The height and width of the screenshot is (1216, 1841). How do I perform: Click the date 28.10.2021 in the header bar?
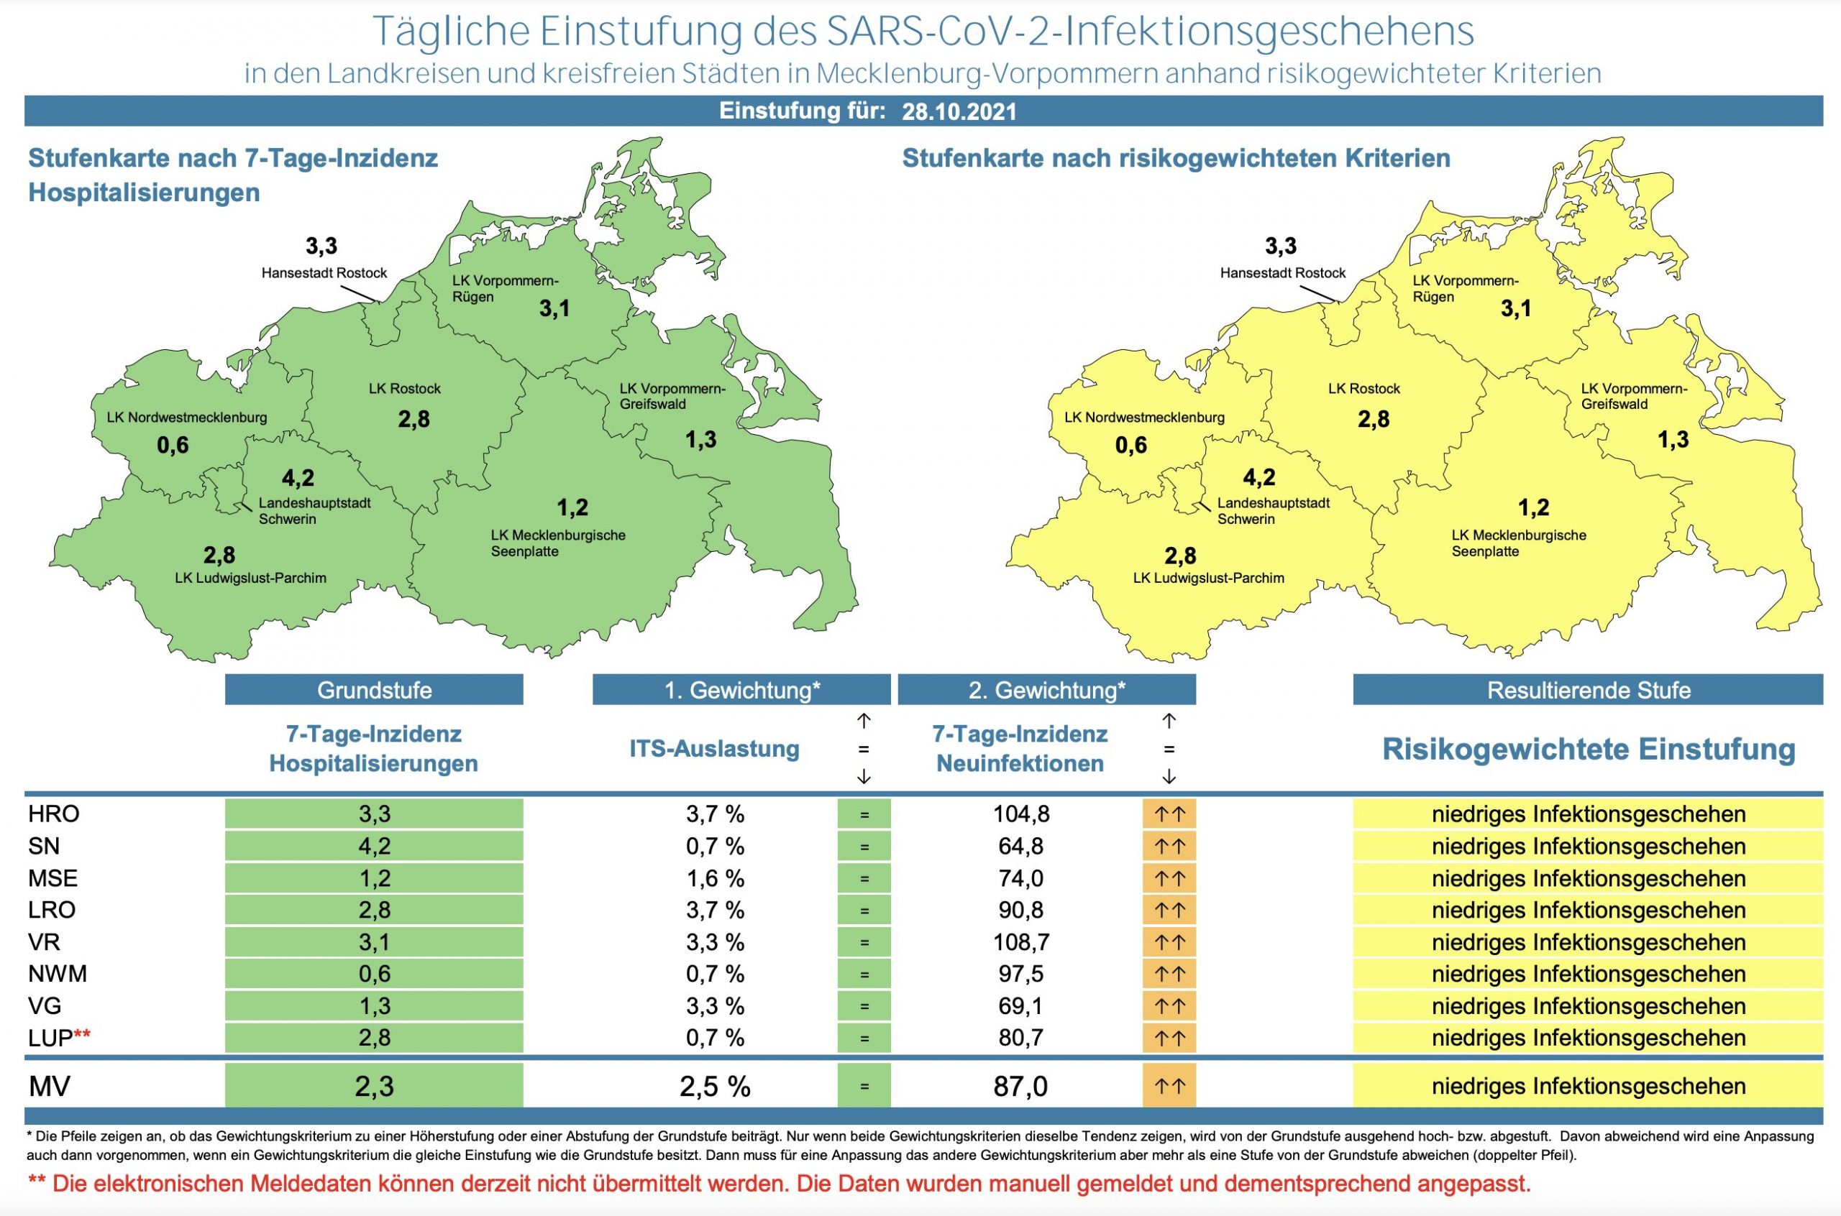coord(959,111)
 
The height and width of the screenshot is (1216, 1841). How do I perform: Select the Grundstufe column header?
coord(374,689)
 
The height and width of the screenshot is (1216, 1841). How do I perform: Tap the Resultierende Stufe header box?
coord(1588,689)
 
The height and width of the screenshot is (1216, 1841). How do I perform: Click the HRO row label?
coord(53,814)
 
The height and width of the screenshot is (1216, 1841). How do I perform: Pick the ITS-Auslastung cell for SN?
coord(715,846)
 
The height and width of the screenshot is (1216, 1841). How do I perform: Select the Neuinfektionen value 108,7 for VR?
coord(1021,942)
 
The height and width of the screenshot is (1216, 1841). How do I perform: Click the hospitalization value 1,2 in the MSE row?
coord(374,879)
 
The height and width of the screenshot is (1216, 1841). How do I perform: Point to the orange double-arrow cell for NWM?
coord(1169,974)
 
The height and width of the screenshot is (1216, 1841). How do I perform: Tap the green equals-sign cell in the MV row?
coord(864,1087)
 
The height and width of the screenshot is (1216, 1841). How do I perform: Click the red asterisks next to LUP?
coord(82,1036)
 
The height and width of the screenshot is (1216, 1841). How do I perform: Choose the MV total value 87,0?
coord(1021,1087)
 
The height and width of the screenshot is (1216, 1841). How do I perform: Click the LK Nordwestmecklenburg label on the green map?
coord(187,418)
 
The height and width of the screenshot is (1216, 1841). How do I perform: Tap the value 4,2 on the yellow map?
coord(1258,477)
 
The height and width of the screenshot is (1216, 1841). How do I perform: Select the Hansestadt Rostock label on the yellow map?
coord(1282,273)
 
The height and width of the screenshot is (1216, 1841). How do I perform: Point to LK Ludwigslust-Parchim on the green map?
coord(250,578)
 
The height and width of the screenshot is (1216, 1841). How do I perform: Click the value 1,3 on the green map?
coord(700,440)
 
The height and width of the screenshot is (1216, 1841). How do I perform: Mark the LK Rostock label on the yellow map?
coord(1364,389)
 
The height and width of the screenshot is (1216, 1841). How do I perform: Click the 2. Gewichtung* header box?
coord(1046,689)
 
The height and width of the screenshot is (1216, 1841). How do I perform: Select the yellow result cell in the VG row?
coord(1588,1007)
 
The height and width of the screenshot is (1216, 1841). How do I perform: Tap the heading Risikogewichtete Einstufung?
coord(1588,749)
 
